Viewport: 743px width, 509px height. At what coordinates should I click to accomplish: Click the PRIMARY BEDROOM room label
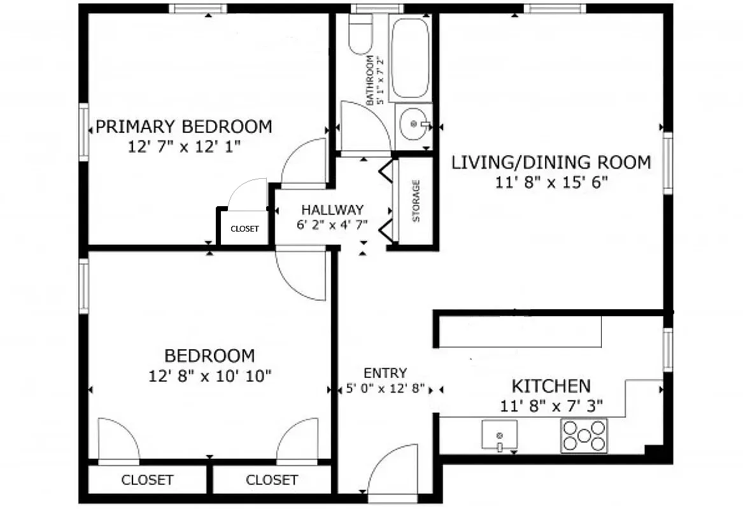[x=184, y=127]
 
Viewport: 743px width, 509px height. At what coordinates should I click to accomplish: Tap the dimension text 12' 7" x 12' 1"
[x=184, y=146]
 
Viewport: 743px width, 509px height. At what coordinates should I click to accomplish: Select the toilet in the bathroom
[x=361, y=35]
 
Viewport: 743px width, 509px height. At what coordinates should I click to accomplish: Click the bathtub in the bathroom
[x=410, y=57]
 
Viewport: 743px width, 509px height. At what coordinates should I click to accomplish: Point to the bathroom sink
[x=414, y=125]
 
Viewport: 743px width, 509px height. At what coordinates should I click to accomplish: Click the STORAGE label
[x=416, y=201]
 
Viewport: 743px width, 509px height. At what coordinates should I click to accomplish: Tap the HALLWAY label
[x=332, y=209]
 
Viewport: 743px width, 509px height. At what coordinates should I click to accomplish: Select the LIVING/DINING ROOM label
[x=551, y=162]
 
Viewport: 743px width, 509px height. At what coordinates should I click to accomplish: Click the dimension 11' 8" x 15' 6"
[x=551, y=183]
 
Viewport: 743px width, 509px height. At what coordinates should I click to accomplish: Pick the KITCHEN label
[x=551, y=386]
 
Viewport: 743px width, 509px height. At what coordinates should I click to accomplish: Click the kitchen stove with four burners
[x=584, y=436]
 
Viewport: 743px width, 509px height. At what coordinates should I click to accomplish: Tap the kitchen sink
[x=499, y=435]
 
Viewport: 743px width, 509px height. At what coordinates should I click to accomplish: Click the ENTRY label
[x=385, y=373]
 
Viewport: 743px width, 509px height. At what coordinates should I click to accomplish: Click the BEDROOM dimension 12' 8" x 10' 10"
[x=210, y=375]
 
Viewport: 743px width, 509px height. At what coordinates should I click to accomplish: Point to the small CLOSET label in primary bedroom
[x=244, y=228]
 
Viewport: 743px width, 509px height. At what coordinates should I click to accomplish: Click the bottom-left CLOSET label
[x=147, y=480]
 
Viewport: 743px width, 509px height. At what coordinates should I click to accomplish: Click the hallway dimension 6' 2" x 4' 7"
[x=332, y=224]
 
